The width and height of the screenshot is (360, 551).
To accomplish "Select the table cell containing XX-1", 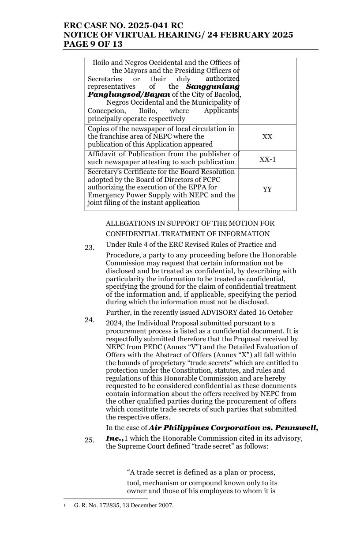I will [x=267, y=159].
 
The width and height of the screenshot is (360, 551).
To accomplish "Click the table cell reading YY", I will [x=267, y=189].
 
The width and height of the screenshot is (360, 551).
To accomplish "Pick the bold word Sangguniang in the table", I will [x=213, y=87].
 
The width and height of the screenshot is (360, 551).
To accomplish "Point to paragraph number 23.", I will [x=90, y=248].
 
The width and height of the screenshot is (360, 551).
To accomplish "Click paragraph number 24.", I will [x=90, y=320].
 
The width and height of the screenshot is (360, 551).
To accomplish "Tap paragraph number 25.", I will [x=90, y=440].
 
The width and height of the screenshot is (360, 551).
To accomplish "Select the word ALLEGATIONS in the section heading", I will [x=130, y=223].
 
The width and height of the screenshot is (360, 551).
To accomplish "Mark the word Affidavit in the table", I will [x=103, y=154].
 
